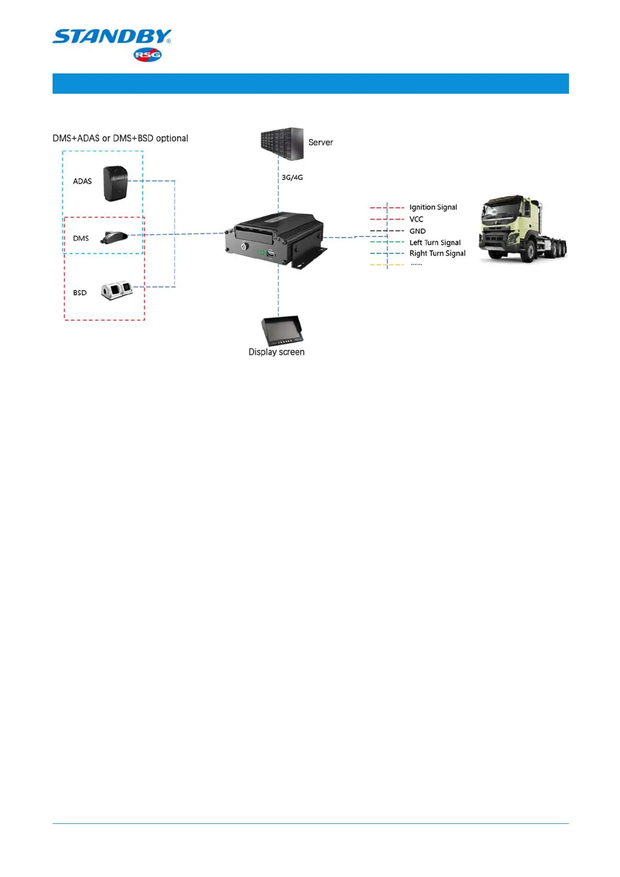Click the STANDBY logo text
[111, 37]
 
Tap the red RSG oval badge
[148, 55]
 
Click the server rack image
[282, 143]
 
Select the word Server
[320, 143]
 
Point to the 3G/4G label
[292, 178]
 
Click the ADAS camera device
[115, 183]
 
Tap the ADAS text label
[82, 182]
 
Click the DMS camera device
[114, 237]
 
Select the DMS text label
[81, 239]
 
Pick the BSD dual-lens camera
[117, 290]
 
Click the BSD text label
[80, 293]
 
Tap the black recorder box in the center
[275, 240]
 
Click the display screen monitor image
[282, 330]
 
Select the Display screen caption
[276, 353]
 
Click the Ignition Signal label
[433, 207]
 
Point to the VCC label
[416, 219]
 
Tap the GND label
[417, 231]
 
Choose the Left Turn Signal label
[435, 243]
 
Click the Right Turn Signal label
[437, 254]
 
